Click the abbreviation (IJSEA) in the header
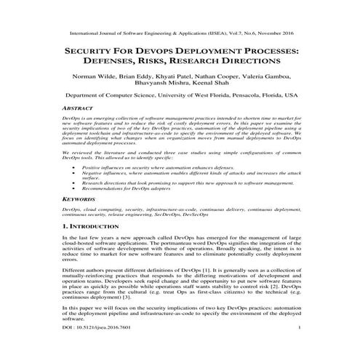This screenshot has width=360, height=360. click(206, 33)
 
